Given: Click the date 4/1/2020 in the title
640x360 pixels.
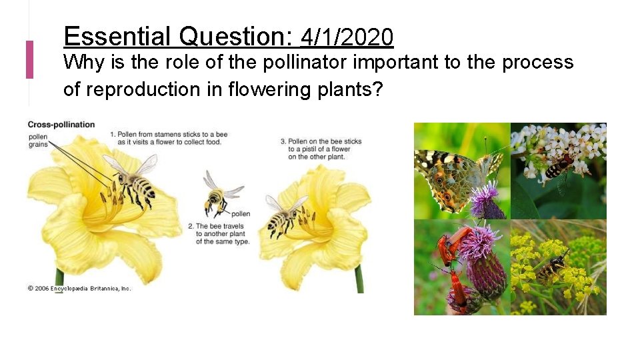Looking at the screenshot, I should [x=347, y=37].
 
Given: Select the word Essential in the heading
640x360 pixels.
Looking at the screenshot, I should [x=118, y=36].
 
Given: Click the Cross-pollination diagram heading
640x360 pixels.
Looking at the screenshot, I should [x=61, y=125].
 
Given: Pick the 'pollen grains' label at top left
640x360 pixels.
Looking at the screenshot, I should [x=37, y=141].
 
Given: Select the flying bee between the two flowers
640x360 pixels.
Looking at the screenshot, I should [x=217, y=196].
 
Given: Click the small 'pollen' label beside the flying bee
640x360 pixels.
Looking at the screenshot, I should [x=240, y=214].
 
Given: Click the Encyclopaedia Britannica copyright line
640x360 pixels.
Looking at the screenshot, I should [x=79, y=288].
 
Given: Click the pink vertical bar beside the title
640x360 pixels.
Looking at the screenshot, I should [x=29, y=59].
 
